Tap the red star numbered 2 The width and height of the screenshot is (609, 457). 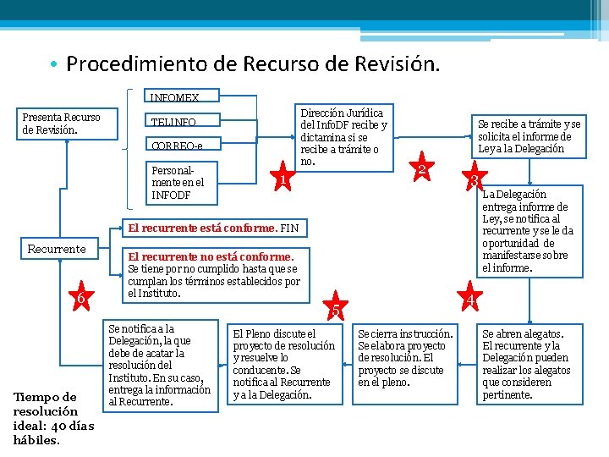[420, 168]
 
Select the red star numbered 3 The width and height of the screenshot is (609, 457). [476, 180]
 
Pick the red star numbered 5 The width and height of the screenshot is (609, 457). [336, 310]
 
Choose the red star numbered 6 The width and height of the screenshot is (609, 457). [80, 297]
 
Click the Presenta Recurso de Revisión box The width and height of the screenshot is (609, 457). [63, 124]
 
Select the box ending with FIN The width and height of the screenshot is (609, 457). [211, 228]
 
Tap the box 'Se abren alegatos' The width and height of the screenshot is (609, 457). [529, 364]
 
